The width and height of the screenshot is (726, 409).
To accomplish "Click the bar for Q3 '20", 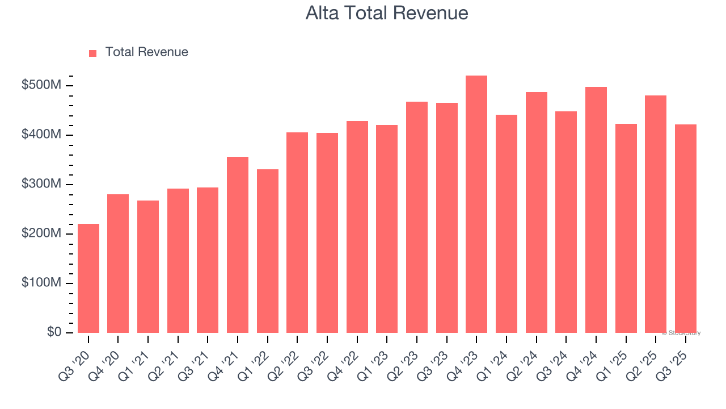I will [88, 278].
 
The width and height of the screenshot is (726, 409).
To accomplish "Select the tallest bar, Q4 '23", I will [476, 204].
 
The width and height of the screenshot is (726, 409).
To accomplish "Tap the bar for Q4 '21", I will [238, 245].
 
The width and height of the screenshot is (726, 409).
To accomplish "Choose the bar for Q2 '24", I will [536, 212].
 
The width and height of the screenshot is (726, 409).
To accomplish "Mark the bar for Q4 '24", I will [596, 210].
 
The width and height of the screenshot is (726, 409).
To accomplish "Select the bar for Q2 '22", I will [297, 233].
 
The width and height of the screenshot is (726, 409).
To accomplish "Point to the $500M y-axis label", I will [41, 85].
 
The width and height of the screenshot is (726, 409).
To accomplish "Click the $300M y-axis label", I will [41, 184].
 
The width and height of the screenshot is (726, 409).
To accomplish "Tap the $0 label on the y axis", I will [54, 332].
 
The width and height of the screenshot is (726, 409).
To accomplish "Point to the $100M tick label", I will [41, 283].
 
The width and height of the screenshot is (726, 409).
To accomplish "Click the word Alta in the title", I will [323, 13].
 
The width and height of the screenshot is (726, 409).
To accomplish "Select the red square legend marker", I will [93, 53].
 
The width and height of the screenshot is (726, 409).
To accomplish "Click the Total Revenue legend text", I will [146, 52].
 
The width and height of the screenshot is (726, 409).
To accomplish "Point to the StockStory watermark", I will [681, 333].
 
